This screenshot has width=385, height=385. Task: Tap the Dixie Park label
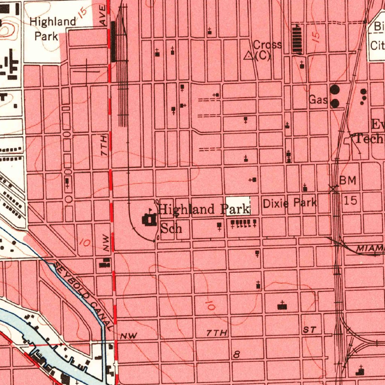click(x=290, y=203)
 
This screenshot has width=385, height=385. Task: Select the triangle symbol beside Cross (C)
click(x=249, y=56)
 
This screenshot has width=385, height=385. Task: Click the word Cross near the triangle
click(x=267, y=45)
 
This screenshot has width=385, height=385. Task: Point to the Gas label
click(x=318, y=100)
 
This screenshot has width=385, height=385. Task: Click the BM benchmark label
click(x=348, y=180)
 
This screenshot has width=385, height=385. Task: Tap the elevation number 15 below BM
click(x=350, y=200)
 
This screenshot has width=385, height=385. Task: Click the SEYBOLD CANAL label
click(x=83, y=296)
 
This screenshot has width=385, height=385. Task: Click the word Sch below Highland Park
click(x=171, y=227)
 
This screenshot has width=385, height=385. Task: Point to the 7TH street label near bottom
click(x=217, y=333)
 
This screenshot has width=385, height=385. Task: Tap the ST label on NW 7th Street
click(x=310, y=330)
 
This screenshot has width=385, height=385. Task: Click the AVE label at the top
click(x=103, y=16)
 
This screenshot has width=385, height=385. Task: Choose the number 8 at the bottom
click(x=236, y=354)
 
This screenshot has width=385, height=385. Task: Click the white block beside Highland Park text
click(x=238, y=205)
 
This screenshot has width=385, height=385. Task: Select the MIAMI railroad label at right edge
click(x=370, y=248)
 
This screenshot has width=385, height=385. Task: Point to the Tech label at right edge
click(x=369, y=139)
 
